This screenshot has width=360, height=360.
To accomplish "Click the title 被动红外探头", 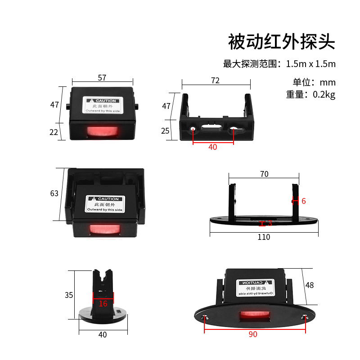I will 282,42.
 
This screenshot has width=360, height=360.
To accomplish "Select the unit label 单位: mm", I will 314,82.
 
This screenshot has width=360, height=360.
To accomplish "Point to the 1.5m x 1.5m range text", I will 310,64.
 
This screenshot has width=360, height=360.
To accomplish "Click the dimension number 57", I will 102,78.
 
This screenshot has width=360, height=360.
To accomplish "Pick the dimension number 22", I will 54,132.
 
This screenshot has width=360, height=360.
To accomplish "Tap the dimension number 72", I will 215,81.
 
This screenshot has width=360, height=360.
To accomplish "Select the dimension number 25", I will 166,130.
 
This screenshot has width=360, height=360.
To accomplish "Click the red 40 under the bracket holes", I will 212,147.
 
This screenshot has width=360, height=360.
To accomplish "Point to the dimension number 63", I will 54,193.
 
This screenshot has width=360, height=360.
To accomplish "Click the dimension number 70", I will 264,174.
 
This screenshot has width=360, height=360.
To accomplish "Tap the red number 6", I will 304,201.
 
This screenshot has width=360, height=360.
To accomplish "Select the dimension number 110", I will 264,237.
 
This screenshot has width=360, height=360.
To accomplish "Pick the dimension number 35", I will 68,295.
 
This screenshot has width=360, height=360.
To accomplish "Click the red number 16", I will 103,304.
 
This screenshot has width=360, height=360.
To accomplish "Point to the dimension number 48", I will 309,285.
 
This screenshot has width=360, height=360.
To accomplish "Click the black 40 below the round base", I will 103,335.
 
